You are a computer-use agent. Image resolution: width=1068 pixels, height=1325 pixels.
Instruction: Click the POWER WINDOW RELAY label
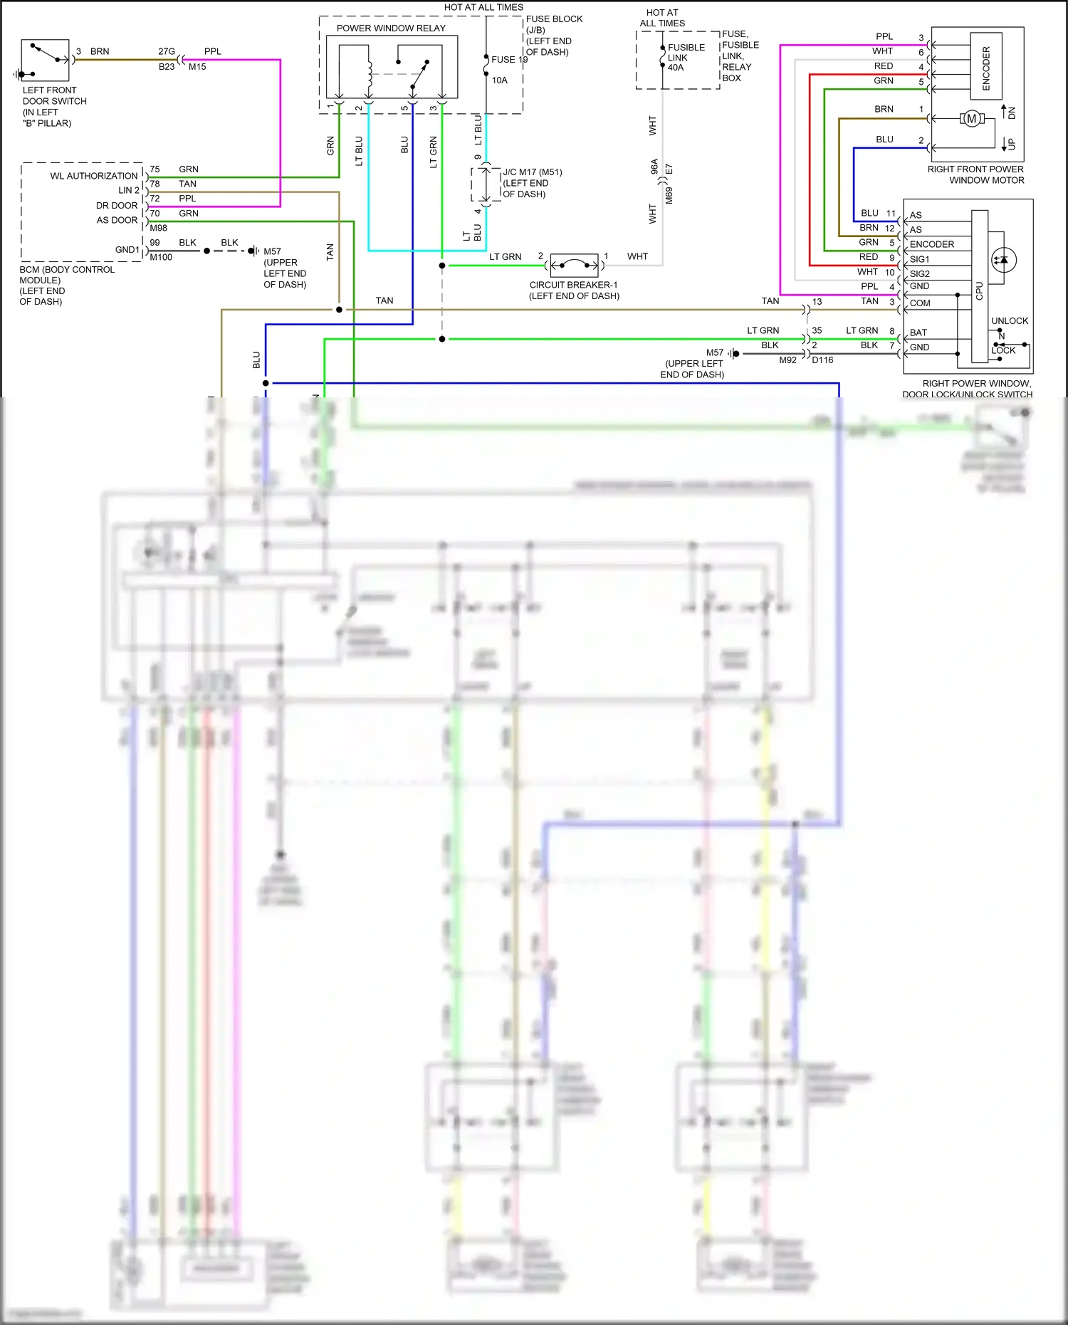[391, 28]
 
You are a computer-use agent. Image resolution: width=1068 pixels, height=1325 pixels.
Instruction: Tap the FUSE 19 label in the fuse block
[508, 60]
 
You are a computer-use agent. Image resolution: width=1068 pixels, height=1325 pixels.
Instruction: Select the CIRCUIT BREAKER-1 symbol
[575, 266]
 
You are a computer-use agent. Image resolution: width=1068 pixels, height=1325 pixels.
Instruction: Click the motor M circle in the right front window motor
[971, 119]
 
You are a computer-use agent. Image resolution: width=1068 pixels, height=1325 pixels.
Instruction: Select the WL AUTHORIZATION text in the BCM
[93, 176]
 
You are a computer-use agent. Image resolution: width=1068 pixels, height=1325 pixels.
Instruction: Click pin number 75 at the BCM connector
[155, 169]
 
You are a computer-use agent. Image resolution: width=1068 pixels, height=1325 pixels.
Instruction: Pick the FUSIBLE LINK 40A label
[686, 58]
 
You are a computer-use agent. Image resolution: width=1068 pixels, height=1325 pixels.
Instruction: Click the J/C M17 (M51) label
[533, 172]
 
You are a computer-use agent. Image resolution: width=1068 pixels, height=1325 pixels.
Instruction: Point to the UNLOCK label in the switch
[1009, 321]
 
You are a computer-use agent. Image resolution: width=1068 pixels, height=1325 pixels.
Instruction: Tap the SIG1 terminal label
[919, 259]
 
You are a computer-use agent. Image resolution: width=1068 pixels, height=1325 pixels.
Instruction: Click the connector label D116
[822, 360]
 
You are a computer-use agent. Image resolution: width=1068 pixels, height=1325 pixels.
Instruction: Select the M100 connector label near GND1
[161, 257]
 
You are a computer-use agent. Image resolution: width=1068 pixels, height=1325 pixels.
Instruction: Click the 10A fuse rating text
[499, 80]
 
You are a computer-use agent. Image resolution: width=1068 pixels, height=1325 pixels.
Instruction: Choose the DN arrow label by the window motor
[1012, 112]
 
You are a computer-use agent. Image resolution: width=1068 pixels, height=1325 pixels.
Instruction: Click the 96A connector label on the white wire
[654, 167]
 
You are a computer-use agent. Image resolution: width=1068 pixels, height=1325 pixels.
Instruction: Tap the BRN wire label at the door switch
[100, 51]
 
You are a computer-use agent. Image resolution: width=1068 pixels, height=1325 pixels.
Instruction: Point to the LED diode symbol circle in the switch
[1003, 260]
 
